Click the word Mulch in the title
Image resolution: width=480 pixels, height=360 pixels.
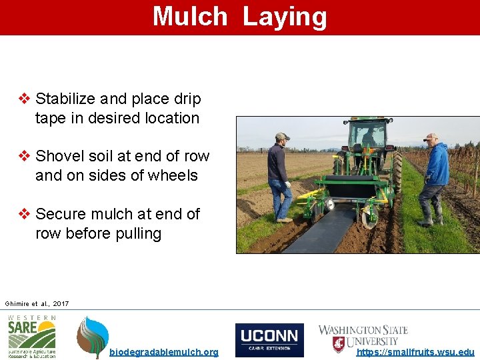point(190,17)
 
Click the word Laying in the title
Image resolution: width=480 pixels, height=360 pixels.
point(285,17)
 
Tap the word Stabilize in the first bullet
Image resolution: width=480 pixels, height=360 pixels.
point(65,99)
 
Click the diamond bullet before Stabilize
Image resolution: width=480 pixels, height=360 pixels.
point(24,99)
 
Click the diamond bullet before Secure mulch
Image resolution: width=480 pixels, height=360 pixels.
point(24,214)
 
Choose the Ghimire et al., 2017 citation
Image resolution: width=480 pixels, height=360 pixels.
point(37,304)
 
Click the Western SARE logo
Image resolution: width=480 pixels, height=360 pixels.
point(32,337)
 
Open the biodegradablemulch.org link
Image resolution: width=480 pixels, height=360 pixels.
point(163,352)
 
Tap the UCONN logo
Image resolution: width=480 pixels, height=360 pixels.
point(269,340)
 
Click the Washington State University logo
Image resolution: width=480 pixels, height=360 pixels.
point(363,337)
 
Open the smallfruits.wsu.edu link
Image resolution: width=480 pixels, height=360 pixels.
point(415,352)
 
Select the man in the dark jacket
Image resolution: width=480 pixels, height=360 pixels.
point(279,177)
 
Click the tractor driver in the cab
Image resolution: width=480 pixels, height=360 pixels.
point(369,138)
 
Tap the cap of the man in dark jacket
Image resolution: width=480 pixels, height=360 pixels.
point(282,136)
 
